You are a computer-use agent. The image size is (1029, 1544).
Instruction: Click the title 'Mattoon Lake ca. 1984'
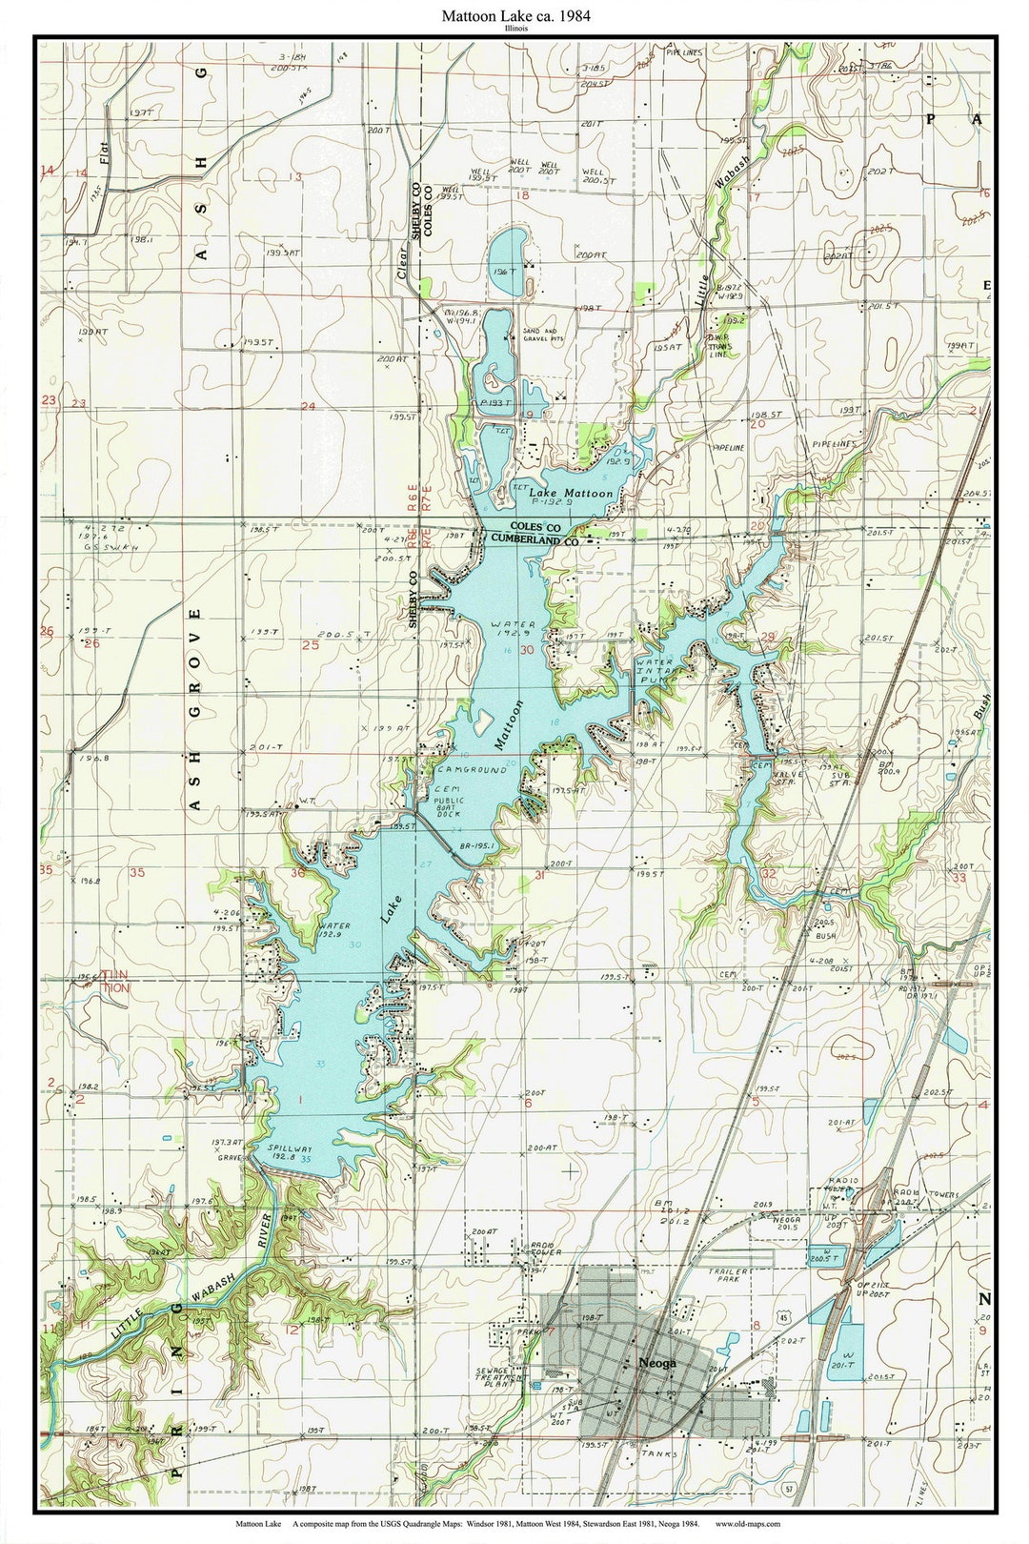click(x=514, y=15)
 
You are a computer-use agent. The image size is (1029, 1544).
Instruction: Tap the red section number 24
click(x=308, y=406)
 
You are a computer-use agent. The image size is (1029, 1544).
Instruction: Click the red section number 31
click(x=540, y=874)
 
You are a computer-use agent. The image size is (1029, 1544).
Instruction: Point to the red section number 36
click(x=298, y=871)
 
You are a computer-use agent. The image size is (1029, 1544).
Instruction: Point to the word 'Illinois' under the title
click(x=514, y=29)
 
